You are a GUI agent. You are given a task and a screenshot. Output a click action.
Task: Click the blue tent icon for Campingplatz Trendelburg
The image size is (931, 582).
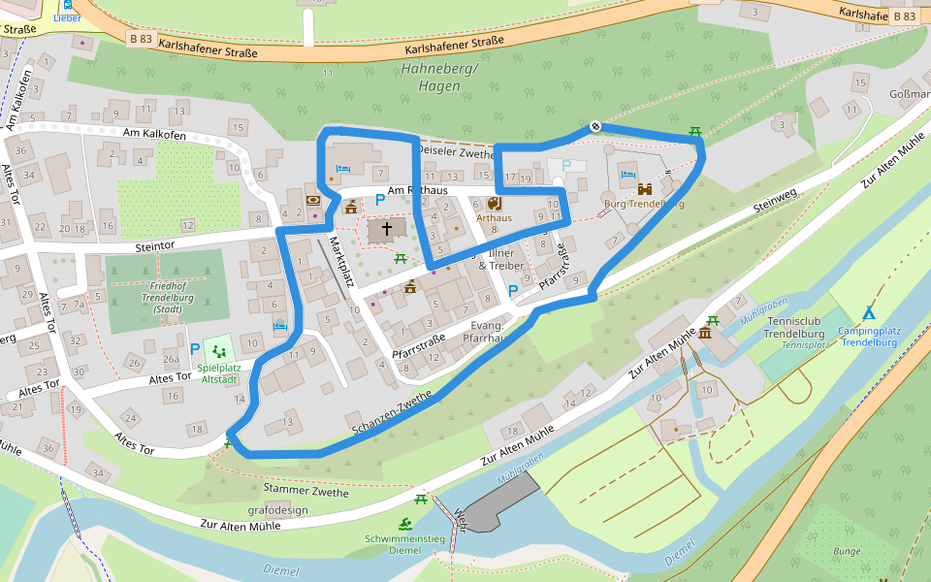pyautogui.click(x=869, y=313)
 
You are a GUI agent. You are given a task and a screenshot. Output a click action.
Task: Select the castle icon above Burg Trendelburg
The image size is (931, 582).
pyautogui.click(x=644, y=188)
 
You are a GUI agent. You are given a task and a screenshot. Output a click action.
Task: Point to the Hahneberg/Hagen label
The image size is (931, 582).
pyautogui.click(x=438, y=78)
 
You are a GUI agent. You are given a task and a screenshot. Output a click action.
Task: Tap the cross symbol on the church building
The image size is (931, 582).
pyautogui.click(x=387, y=230)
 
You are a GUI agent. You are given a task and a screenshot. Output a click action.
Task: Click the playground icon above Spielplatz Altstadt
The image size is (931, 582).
pyautogui.click(x=218, y=351)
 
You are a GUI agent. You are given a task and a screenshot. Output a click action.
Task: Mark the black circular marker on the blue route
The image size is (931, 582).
pyautogui.click(x=594, y=126)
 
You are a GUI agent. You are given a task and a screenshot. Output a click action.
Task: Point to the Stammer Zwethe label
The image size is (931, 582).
pyautogui.click(x=305, y=493)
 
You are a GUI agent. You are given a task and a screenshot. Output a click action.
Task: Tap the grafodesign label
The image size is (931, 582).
pyautogui.click(x=277, y=510)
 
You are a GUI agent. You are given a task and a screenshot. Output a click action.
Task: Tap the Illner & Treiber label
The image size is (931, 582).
pyautogui.click(x=500, y=259)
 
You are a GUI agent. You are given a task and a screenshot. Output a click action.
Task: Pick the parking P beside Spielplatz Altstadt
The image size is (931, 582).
pyautogui.click(x=195, y=349)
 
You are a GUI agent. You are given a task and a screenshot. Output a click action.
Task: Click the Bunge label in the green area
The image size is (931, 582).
pyautogui.click(x=846, y=551)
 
